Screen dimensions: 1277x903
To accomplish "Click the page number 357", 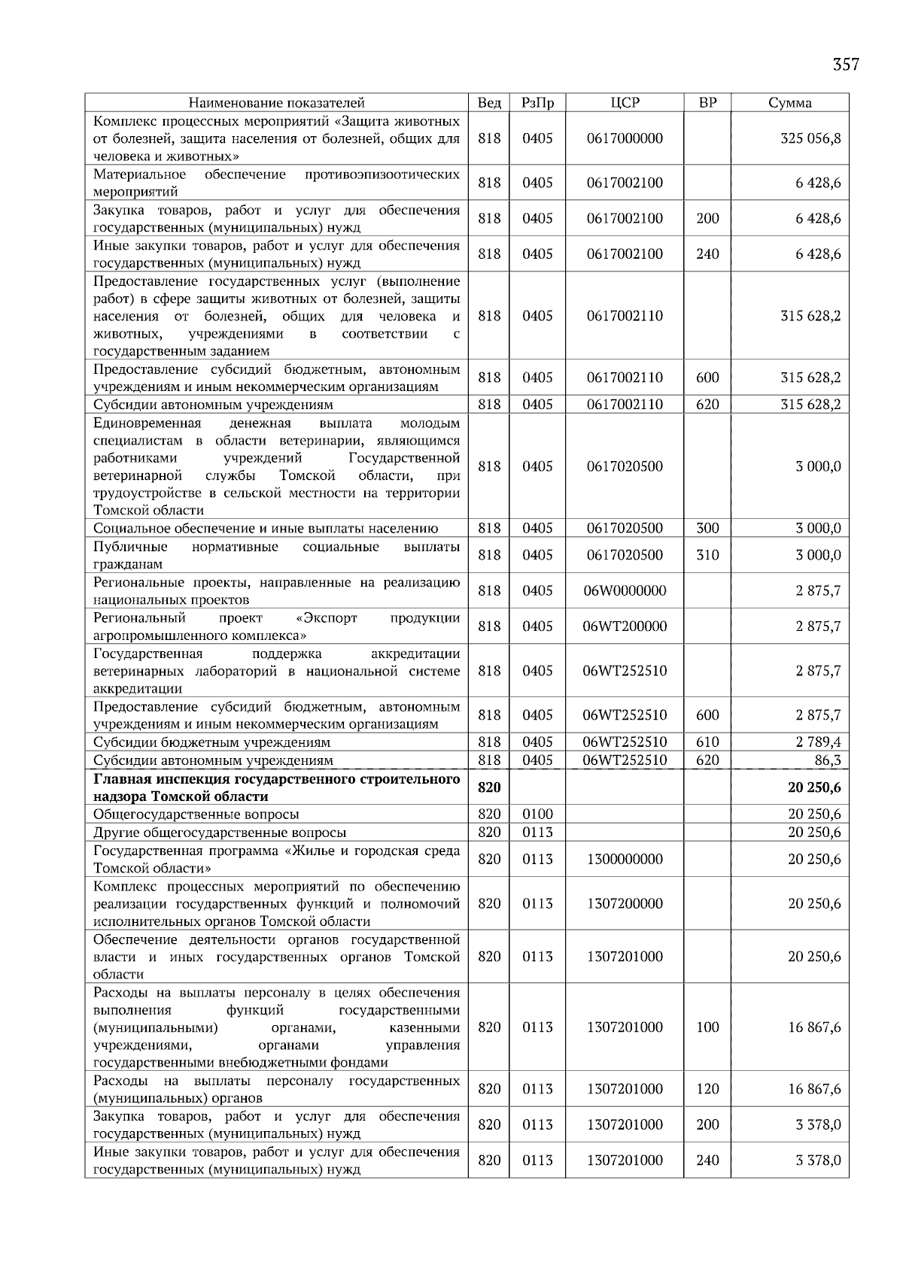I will tap(845, 65).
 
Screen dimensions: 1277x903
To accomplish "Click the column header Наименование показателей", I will tap(276, 103).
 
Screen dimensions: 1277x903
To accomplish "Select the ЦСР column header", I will tap(625, 103).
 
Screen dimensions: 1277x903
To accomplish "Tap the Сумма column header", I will tap(789, 103).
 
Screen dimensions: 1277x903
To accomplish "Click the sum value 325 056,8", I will tap(811, 138).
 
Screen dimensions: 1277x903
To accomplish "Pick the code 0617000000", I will tap(625, 138).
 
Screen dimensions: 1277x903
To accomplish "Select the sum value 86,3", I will tap(827, 760).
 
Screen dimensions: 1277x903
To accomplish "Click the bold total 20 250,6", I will tap(814, 787).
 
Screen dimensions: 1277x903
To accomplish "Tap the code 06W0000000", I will tap(625, 590).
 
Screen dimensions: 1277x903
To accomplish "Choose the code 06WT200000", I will tap(625, 626).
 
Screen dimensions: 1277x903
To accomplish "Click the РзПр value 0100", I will tap(537, 814).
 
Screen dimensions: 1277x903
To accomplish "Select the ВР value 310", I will tap(707, 555).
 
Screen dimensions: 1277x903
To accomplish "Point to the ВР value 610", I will tap(707, 742).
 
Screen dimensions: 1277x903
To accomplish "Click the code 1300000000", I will tap(625, 859).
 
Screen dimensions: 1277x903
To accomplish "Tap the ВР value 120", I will tap(707, 1088).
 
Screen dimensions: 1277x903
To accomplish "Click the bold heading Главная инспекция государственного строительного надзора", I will tap(276, 787).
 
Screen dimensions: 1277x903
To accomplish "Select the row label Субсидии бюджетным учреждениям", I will tap(211, 742).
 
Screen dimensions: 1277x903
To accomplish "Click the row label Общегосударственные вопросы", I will tap(196, 814).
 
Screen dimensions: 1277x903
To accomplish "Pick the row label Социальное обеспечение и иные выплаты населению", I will tap(265, 529).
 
